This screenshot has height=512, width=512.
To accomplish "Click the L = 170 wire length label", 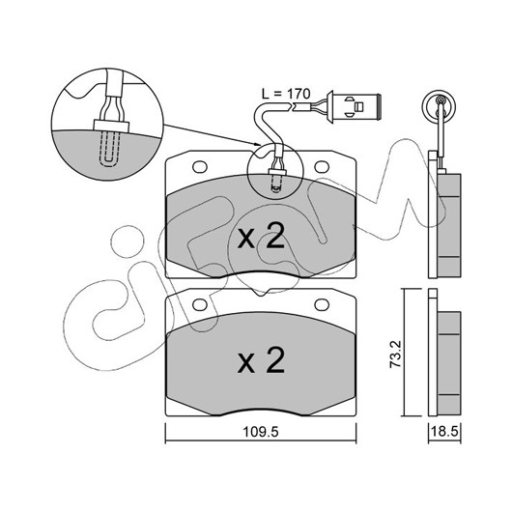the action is (286, 94).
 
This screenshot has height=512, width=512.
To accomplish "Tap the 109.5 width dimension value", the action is (261, 433).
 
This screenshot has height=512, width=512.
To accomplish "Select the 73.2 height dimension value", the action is (395, 355).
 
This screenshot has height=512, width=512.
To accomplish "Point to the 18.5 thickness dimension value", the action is (444, 432).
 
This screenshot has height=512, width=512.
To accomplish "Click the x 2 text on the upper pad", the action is (261, 238).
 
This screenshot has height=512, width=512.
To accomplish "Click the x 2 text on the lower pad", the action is (261, 361).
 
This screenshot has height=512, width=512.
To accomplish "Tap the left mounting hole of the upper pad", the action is (200, 167).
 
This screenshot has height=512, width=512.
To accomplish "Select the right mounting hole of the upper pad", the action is (322, 167).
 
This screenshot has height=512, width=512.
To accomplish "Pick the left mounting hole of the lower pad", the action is (200, 304).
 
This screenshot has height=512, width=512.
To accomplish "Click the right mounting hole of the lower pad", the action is (322, 304).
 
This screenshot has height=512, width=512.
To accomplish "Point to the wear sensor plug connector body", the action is (356, 106).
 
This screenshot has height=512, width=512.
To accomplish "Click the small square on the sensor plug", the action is (358, 106).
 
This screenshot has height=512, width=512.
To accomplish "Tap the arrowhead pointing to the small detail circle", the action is (258, 144).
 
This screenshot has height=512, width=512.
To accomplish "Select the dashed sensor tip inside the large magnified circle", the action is (110, 149).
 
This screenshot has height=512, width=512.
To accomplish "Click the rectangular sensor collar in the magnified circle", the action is (111, 126).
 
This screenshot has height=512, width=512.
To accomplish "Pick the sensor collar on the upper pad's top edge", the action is (277, 172).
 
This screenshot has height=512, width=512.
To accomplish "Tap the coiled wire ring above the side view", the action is (439, 106).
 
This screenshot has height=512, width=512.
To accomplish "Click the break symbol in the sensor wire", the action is (292, 106).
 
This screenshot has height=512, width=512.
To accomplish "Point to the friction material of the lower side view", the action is (448, 363).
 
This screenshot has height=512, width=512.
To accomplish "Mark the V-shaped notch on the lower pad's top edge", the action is (260, 293).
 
